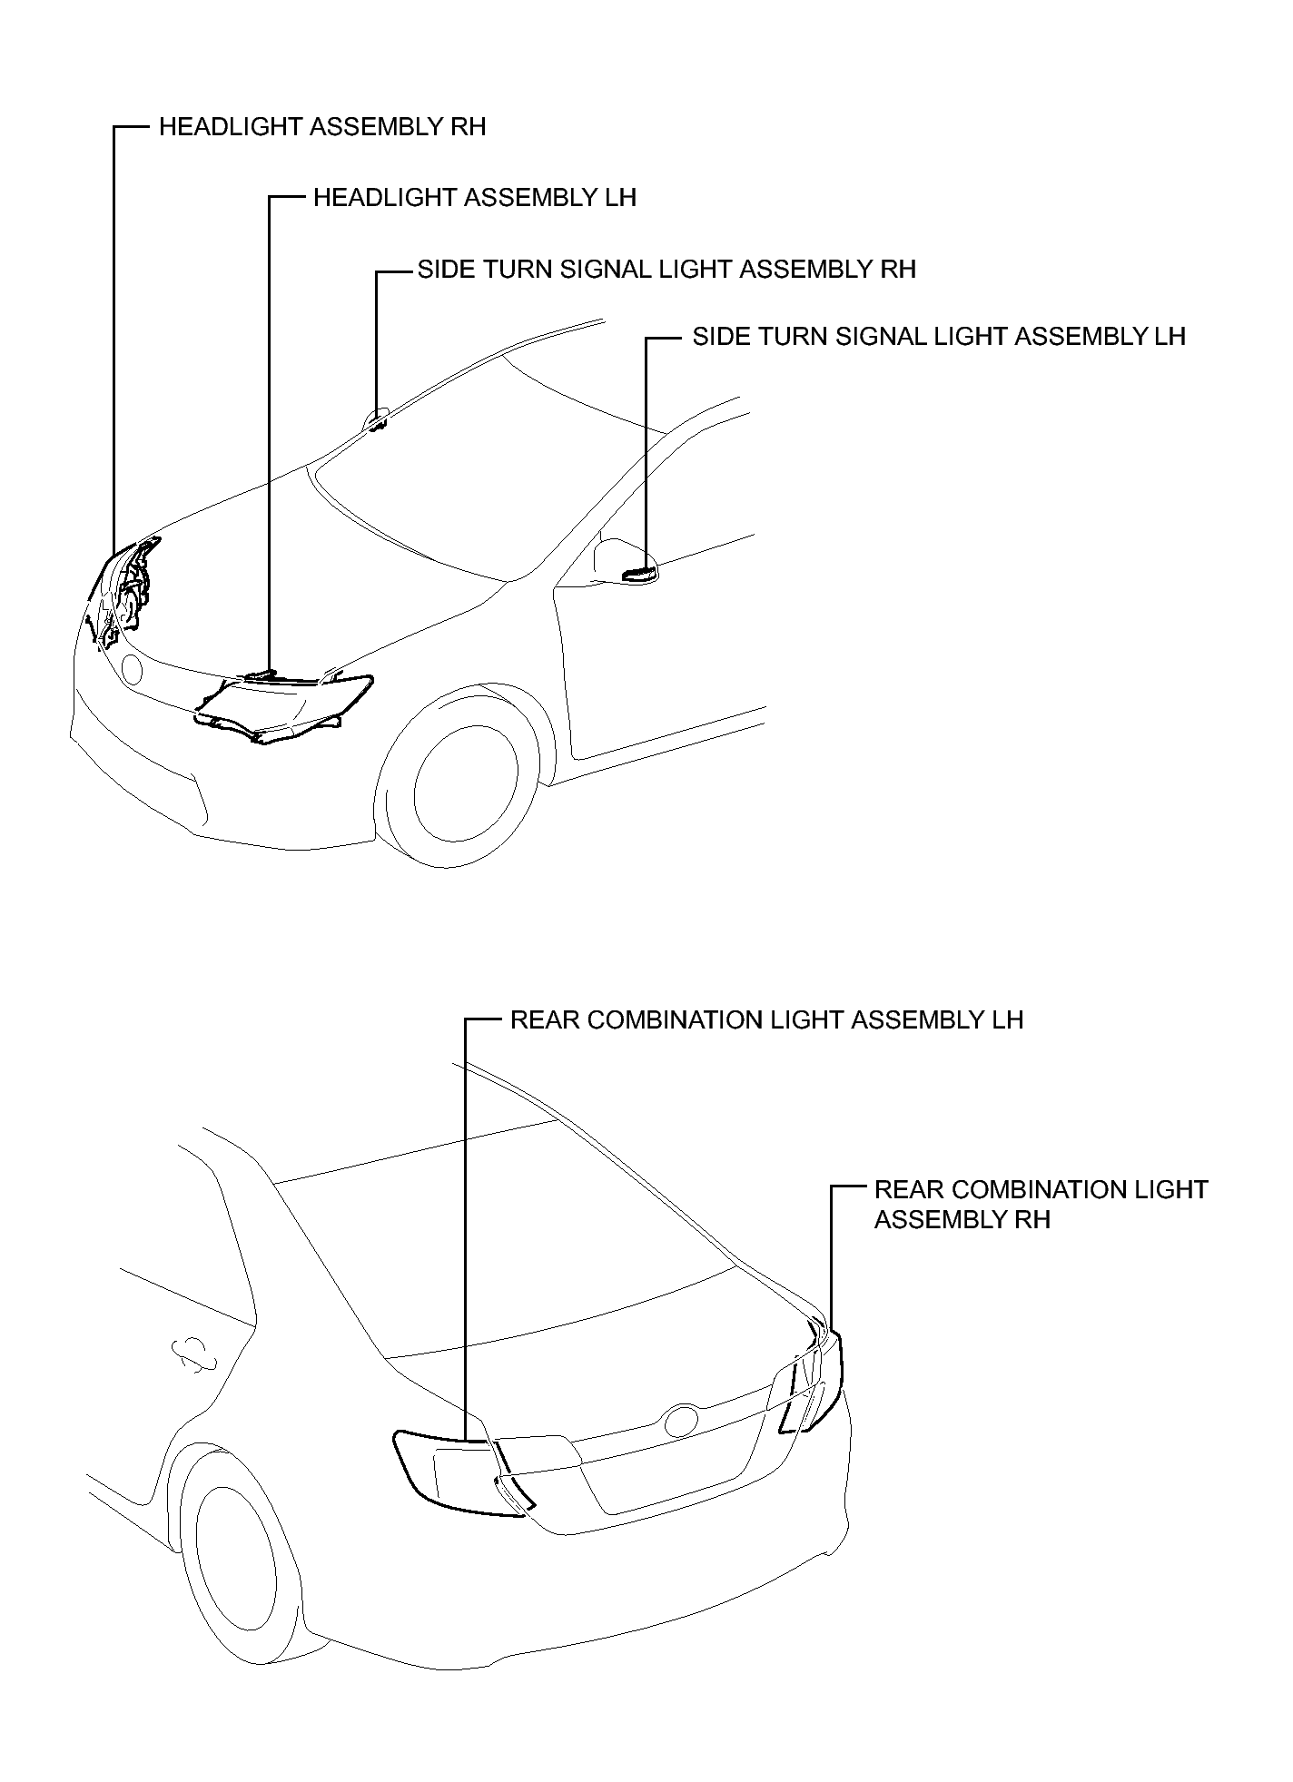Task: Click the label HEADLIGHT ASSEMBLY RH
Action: click(x=322, y=126)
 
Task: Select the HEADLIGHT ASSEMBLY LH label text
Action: click(x=475, y=197)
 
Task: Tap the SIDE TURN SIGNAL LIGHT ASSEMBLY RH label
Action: click(x=666, y=269)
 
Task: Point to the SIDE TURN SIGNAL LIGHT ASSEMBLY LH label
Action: click(x=939, y=337)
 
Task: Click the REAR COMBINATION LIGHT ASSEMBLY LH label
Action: click(x=766, y=1019)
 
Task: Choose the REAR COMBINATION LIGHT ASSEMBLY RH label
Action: click(x=1041, y=1204)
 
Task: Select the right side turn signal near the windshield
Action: click(x=377, y=420)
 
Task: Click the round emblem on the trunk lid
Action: click(x=682, y=1421)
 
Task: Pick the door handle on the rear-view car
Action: click(x=194, y=1356)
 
